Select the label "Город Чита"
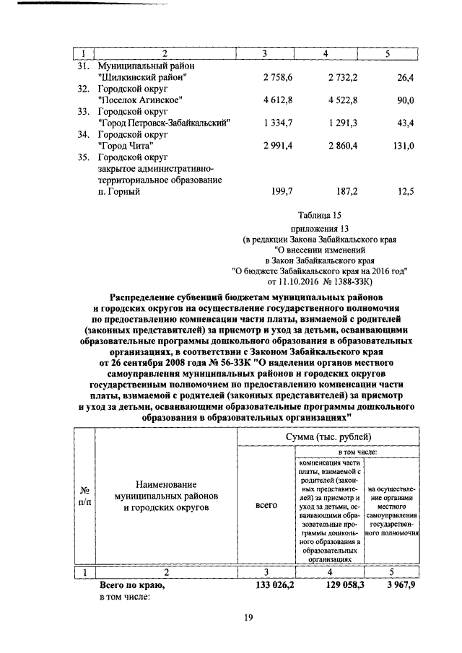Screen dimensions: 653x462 pyautogui.click(x=126, y=146)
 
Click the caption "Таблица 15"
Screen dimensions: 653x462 pyautogui.click(x=318, y=215)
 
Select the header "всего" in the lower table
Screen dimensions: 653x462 pyautogui.click(x=266, y=506)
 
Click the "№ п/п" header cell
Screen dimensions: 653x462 pyautogui.click(x=84, y=496)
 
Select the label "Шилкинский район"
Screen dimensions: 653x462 pyautogui.click(x=143, y=76)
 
